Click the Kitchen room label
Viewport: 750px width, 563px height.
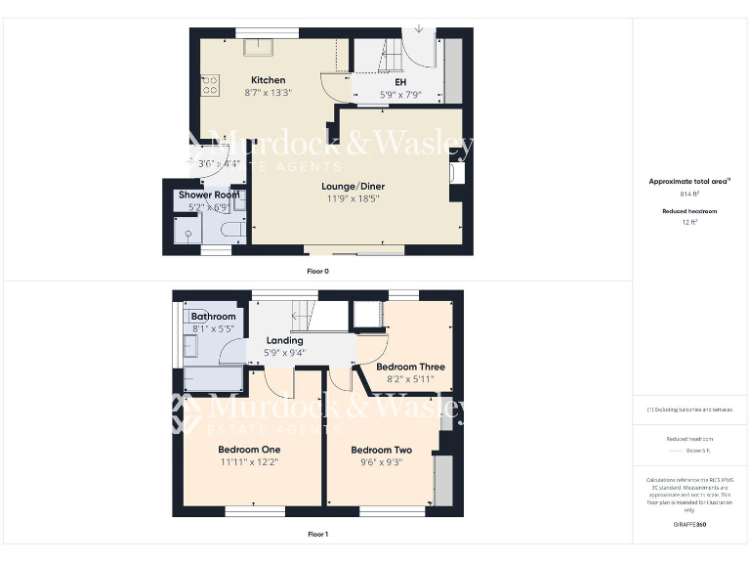tap(268, 80)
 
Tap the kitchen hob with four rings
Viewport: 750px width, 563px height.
tap(208, 86)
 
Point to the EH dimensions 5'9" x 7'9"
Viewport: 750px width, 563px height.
tap(400, 95)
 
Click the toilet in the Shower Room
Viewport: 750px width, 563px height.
tap(231, 230)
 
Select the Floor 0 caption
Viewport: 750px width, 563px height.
tap(318, 271)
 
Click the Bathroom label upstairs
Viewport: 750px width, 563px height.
tap(213, 317)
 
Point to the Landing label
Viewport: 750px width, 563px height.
tap(284, 341)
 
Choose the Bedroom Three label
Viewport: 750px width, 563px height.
tap(410, 368)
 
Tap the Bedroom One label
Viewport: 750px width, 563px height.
tap(249, 451)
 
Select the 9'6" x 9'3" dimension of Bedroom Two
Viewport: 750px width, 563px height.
tap(382, 462)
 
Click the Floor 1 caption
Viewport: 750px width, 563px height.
tap(318, 535)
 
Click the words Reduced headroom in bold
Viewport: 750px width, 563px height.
tap(689, 211)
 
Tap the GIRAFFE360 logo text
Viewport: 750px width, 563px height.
tap(689, 525)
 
